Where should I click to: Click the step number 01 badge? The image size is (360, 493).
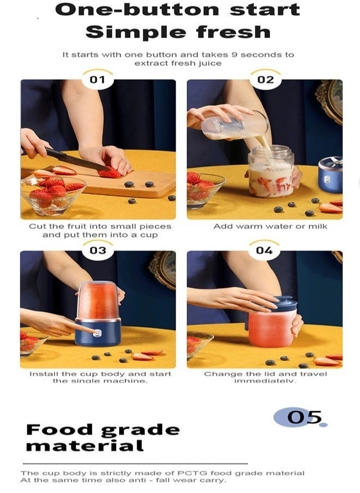coord(98,79)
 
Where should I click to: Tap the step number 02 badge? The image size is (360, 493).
coord(266,79)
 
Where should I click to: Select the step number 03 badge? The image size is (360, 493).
coord(98,250)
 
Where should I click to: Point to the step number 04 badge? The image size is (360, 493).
coord(264,250)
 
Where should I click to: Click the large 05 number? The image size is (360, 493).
coord(304,417)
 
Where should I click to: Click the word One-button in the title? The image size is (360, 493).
coord(137,10)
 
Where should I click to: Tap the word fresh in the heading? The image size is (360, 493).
coord(233,32)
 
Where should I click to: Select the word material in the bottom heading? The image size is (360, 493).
coord(85,446)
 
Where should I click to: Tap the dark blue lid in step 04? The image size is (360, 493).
coord(284,303)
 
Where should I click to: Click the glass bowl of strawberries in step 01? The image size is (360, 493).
coord(53,195)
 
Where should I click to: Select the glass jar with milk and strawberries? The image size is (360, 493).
coord(271,171)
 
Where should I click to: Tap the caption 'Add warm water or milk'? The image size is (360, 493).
coord(271,226)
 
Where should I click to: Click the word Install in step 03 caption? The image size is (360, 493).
coord(44,374)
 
